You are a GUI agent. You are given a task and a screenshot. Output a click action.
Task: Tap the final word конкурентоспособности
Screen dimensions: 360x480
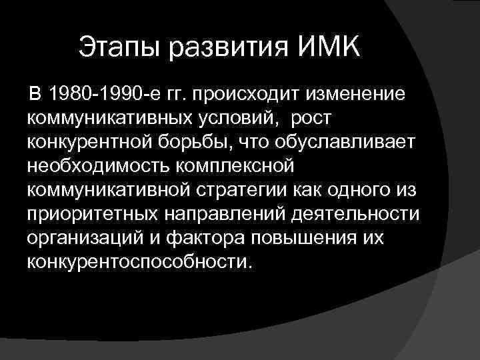tap(140, 262)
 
